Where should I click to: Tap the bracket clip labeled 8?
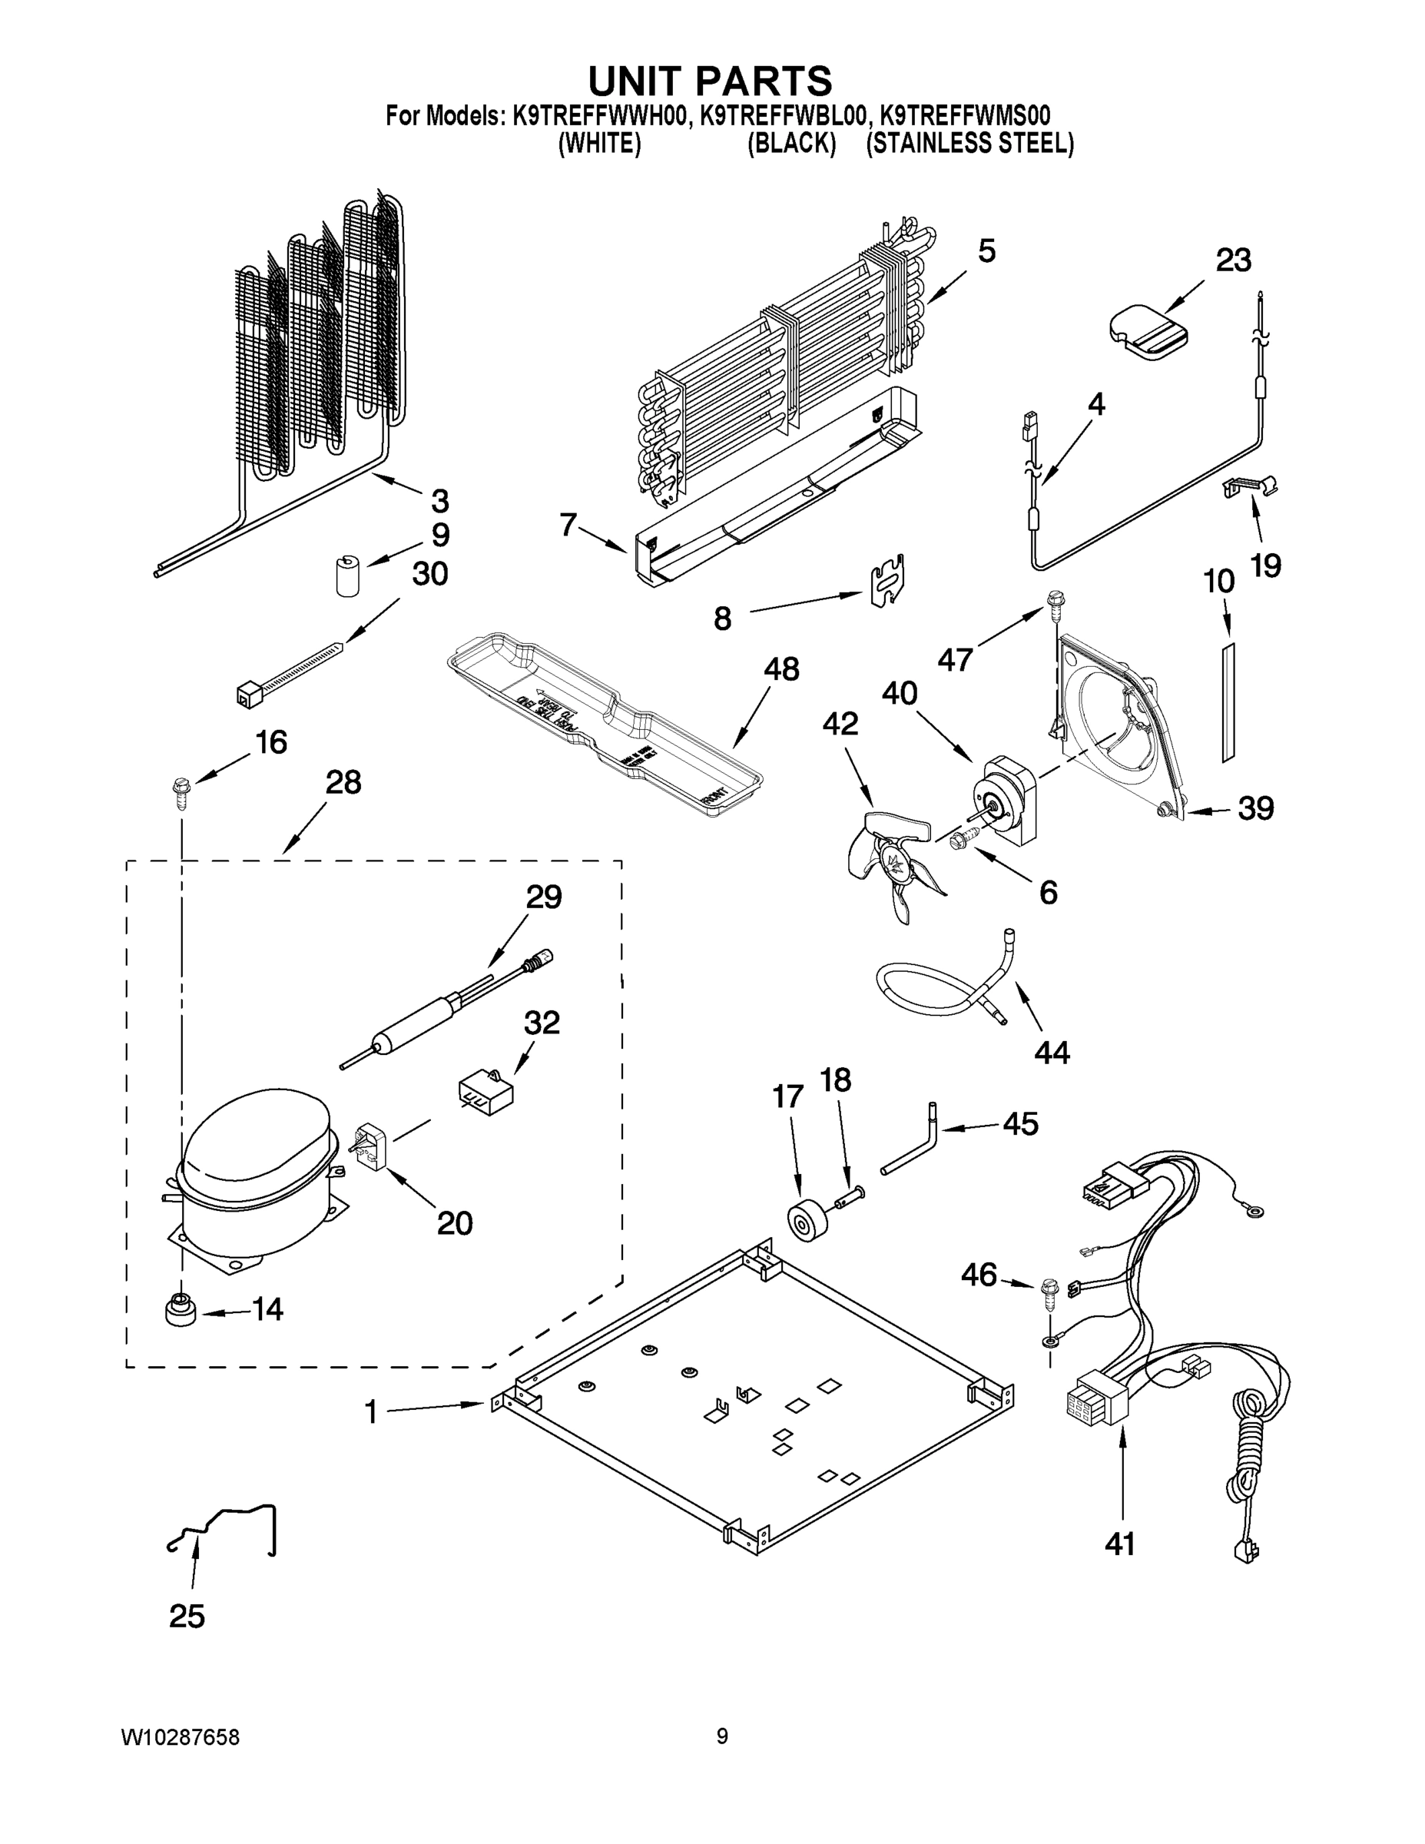887,582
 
